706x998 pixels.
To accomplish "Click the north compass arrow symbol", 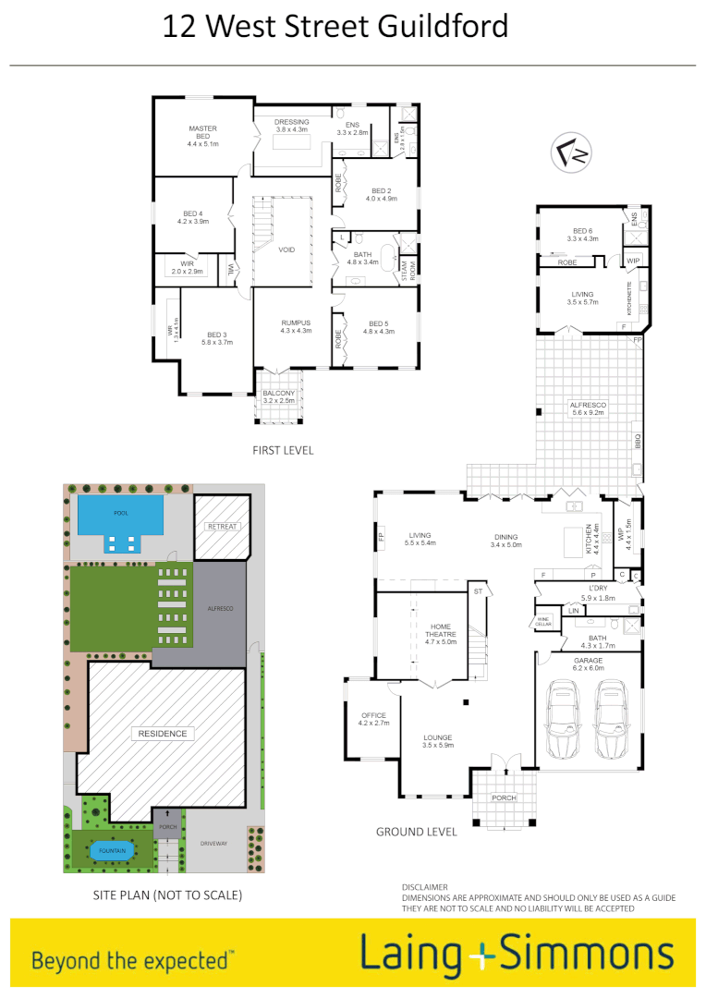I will pyautogui.click(x=571, y=152).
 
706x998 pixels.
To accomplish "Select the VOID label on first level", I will pyautogui.click(x=286, y=249).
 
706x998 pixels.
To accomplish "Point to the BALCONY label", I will pyautogui.click(x=278, y=394).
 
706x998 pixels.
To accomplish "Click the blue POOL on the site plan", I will pyautogui.click(x=120, y=514).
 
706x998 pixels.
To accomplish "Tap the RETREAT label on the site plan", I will pyautogui.click(x=223, y=527).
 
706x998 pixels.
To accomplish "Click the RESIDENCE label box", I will pyautogui.click(x=163, y=734).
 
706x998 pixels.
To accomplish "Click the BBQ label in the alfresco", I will pyautogui.click(x=637, y=442).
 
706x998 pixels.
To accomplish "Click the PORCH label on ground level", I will pyautogui.click(x=504, y=798).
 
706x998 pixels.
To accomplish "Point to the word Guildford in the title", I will pyautogui.click(x=443, y=26).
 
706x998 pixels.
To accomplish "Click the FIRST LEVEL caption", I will pyautogui.click(x=283, y=451).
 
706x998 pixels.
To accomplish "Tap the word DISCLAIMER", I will pyautogui.click(x=424, y=887).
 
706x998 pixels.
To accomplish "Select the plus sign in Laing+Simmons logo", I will pyautogui.click(x=481, y=958).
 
